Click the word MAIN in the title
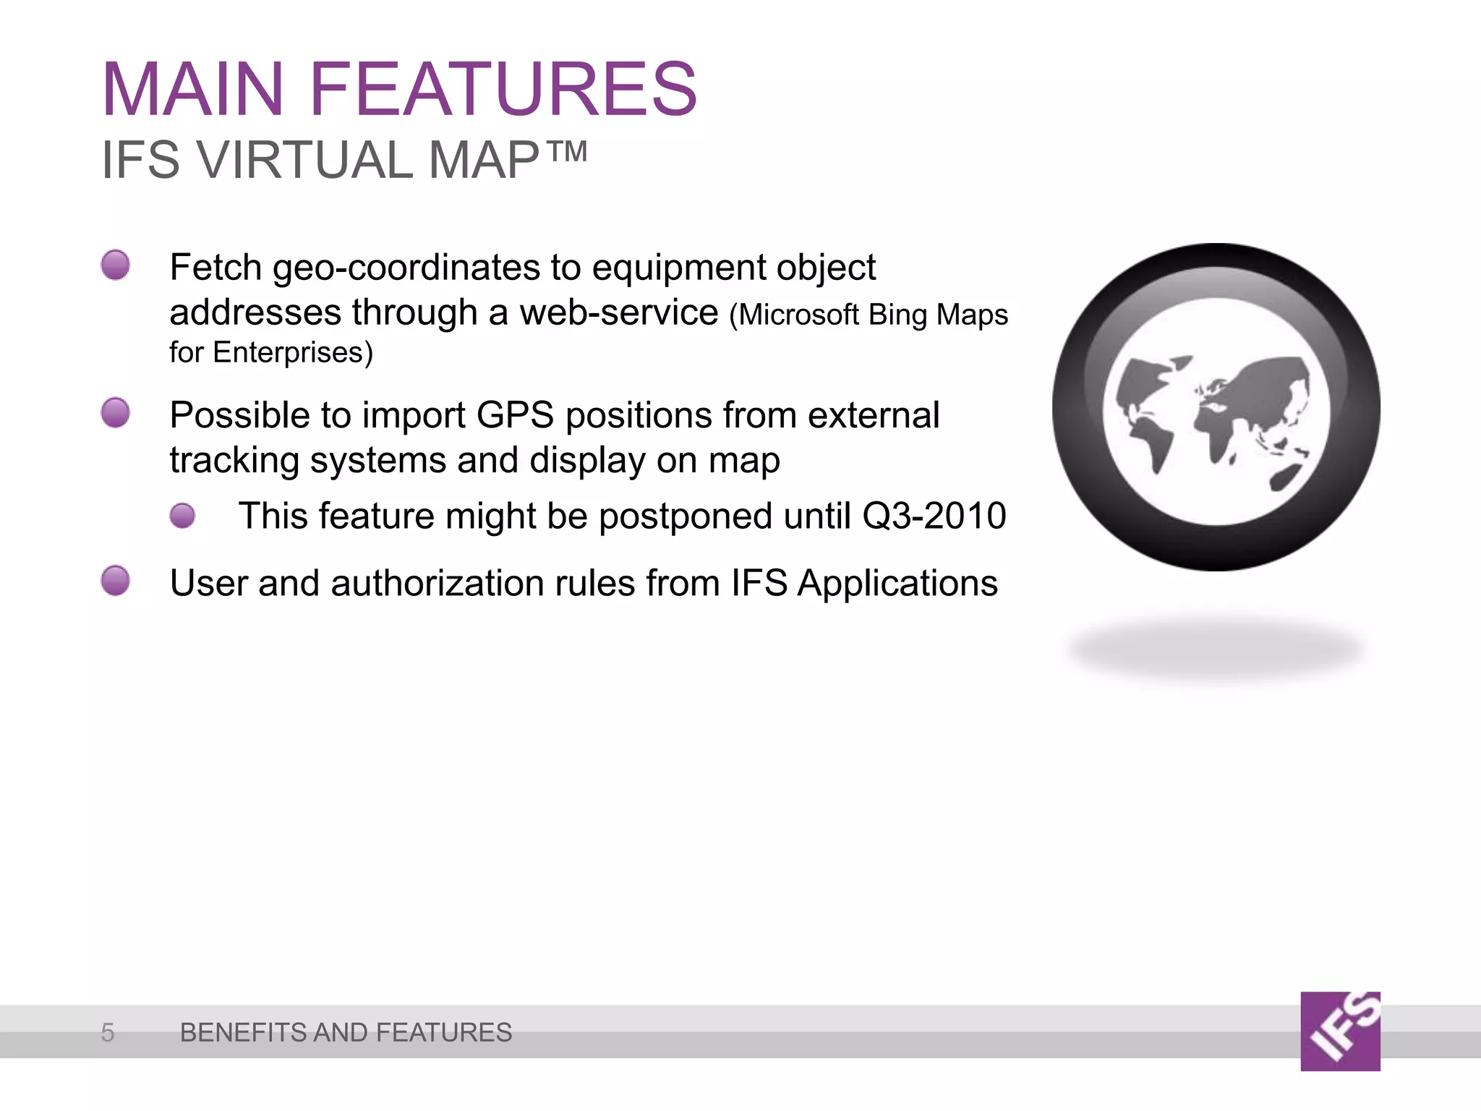[192, 90]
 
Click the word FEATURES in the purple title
[503, 90]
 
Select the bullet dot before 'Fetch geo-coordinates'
[116, 265]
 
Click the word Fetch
[215, 268]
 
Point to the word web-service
[619, 312]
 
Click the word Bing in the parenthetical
[897, 315]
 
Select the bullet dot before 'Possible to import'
[116, 412]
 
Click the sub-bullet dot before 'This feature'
[183, 516]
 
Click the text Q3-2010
[934, 516]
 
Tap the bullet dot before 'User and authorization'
[116, 581]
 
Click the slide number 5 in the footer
[108, 1032]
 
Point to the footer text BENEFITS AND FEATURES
[346, 1032]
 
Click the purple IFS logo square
[1340, 1031]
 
